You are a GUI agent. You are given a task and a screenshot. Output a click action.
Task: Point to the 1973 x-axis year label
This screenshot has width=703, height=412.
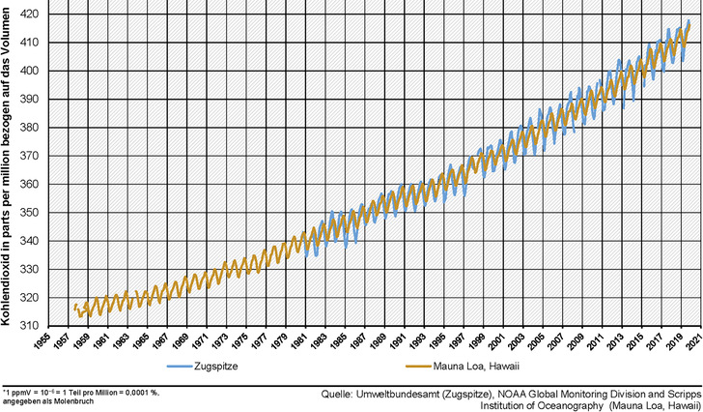pyautogui.click(x=228, y=342)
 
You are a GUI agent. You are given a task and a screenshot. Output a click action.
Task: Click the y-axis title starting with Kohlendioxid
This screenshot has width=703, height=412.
pyautogui.click(x=10, y=164)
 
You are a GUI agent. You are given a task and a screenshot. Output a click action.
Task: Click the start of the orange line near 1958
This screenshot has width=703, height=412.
pyautogui.click(x=74, y=308)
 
